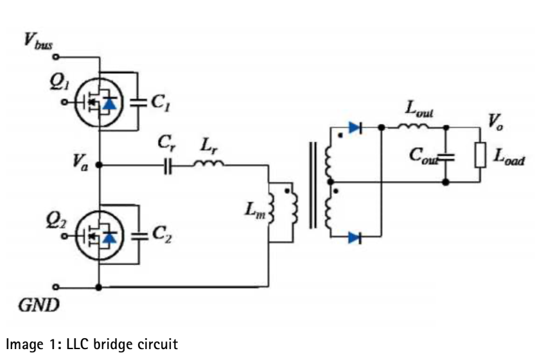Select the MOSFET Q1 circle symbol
(x=99, y=102)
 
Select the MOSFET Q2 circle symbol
(x=99, y=236)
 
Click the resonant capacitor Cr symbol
(x=168, y=166)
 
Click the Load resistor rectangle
(x=480, y=156)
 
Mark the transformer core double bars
(x=313, y=185)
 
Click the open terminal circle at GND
(x=55, y=287)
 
